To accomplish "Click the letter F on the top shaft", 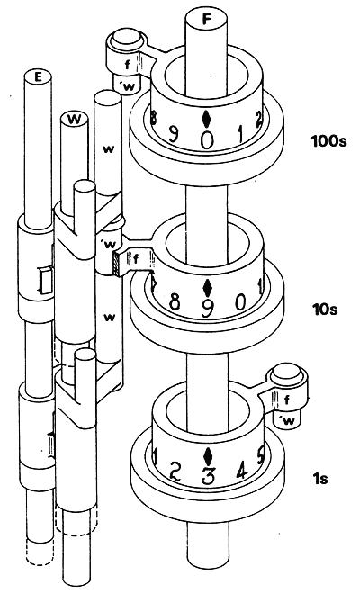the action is (x=206, y=19).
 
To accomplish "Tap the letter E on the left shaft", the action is (x=38, y=77).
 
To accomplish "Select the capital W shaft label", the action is (x=75, y=120).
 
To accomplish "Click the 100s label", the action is (x=328, y=142).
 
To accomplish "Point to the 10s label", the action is (x=325, y=310).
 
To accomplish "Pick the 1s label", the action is (x=319, y=479).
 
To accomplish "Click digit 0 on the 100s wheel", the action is (x=207, y=140).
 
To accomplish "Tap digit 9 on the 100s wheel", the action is (x=173, y=134).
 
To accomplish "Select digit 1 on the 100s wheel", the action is (x=240, y=134).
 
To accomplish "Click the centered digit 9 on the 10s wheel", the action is (x=207, y=309).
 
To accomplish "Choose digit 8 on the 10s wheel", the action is (x=174, y=302).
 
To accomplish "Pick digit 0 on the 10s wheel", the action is (x=240, y=302).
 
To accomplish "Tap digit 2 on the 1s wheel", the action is (x=175, y=472).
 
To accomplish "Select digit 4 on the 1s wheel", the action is (x=241, y=471).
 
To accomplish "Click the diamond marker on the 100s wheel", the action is (x=206, y=119).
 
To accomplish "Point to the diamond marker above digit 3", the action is (x=207, y=455).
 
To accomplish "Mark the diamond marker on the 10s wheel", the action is (x=207, y=287).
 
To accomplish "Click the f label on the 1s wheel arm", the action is (x=286, y=400).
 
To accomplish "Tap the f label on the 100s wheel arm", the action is (x=128, y=65).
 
